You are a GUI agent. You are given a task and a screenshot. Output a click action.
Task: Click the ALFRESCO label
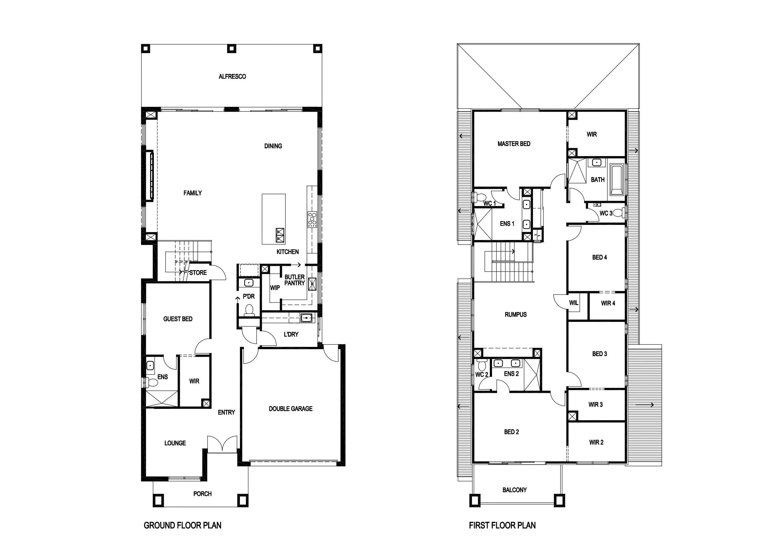(232, 76)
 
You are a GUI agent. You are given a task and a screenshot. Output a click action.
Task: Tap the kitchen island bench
(274, 219)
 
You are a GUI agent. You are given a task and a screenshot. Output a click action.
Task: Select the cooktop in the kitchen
(312, 219)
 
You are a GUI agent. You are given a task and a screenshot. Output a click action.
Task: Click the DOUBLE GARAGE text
(290, 409)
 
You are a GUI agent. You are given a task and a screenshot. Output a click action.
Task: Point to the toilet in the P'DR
(249, 310)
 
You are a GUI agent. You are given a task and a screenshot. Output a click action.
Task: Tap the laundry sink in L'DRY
(307, 318)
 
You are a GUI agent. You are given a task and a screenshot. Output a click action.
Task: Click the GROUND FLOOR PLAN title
(182, 525)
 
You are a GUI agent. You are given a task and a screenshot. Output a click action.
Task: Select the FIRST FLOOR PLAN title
(502, 525)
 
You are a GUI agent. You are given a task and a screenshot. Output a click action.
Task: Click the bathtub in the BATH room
(617, 180)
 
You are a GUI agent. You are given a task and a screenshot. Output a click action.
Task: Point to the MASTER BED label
(514, 144)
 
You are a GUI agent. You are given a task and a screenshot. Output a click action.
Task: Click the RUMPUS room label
(516, 315)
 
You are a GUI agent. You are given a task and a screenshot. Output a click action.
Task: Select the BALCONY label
(515, 490)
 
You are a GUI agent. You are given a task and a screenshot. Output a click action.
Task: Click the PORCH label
(202, 493)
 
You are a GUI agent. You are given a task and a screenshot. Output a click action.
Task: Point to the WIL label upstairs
(574, 303)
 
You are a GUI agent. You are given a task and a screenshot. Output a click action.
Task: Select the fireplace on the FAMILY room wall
(149, 177)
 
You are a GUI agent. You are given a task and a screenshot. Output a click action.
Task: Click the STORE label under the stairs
(198, 273)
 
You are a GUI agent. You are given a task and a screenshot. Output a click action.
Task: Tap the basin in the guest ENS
(150, 365)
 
